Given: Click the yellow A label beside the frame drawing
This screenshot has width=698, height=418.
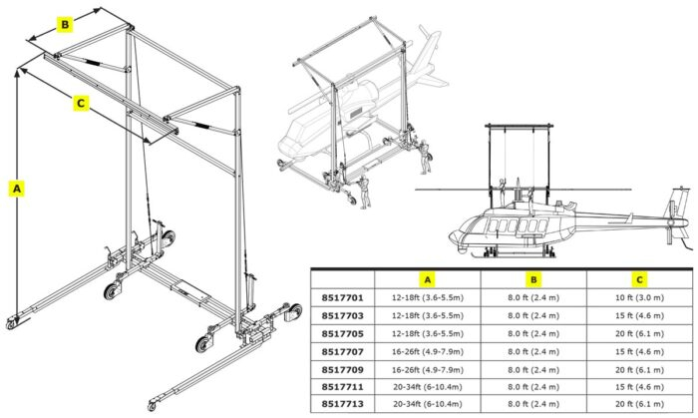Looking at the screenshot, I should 15,187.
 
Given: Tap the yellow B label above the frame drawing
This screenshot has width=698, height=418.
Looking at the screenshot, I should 65,24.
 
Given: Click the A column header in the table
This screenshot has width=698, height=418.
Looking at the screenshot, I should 426,279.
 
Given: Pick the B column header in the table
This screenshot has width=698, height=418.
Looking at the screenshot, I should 533,279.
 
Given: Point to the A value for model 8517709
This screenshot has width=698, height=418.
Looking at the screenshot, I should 426,368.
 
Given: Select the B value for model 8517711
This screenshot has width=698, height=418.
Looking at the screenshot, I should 533,386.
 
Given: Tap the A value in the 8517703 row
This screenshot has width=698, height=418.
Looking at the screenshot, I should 426,314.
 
